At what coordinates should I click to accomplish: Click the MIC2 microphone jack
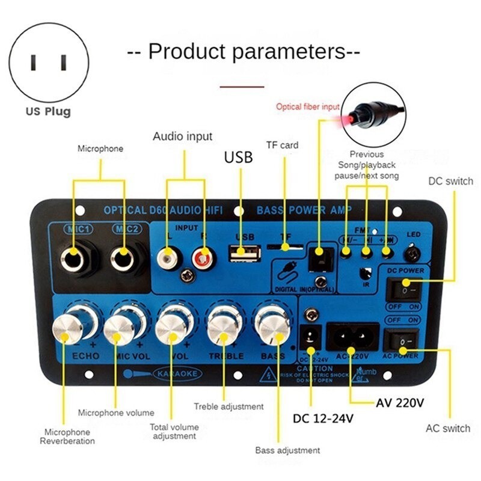(x=124, y=258)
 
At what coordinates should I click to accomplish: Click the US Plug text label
(x=48, y=111)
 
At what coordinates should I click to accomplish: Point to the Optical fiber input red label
(x=307, y=106)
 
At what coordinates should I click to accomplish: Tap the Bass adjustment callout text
(x=287, y=450)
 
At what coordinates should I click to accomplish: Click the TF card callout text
(x=282, y=145)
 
